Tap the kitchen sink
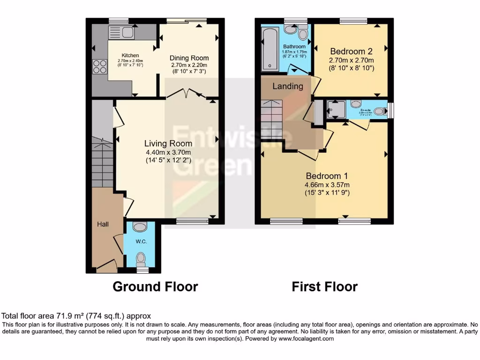[121, 32]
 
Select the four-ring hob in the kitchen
[99, 67]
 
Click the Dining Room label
[189, 58]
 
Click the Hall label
[103, 224]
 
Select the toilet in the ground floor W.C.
[140, 259]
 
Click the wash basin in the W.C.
[140, 227]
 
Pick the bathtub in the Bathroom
[270, 48]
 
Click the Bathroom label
[294, 47]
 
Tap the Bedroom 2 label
[351, 51]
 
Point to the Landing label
[288, 86]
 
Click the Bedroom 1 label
[327, 176]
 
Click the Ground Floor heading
[155, 286]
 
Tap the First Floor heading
[324, 286]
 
